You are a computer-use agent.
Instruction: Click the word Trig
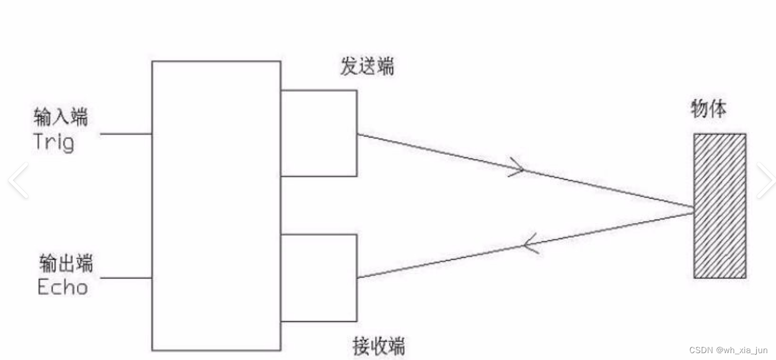[54, 141]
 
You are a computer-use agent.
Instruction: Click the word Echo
[63, 286]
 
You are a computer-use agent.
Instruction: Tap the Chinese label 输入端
[61, 118]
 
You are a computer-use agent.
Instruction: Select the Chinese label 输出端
[66, 264]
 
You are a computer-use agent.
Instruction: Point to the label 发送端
[367, 67]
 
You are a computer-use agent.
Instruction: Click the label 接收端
[379, 346]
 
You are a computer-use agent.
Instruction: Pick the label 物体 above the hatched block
[709, 108]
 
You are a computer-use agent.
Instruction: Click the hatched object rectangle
[720, 206]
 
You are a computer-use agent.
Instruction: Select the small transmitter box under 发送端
[319, 133]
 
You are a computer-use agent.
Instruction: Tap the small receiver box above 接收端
[319, 278]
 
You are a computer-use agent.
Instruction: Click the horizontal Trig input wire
[125, 134]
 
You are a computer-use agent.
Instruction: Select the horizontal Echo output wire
[125, 278]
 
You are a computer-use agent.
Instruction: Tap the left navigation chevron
[18, 180]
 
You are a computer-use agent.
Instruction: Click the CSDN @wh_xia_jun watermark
[728, 350]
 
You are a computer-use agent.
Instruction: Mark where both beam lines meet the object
[693, 210]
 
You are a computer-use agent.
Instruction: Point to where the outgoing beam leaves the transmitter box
[357, 135]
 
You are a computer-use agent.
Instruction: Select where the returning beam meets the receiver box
[357, 278]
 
